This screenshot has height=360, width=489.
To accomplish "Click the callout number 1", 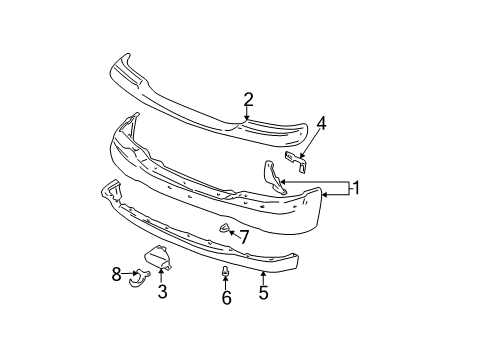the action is tap(357, 186).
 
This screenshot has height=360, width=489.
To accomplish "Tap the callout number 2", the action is tap(248, 98).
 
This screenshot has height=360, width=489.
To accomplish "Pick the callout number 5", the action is tap(263, 293).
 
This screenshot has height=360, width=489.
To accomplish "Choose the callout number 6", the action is tap(226, 298).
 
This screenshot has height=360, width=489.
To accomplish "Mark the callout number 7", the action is tap(243, 236).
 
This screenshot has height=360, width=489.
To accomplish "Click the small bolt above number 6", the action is tap(226, 270).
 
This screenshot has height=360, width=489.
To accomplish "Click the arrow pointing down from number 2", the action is tap(248, 113).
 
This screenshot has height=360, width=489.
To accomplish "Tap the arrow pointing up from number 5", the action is tap(263, 279).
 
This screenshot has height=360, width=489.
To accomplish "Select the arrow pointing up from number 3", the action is tap(162, 276).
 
